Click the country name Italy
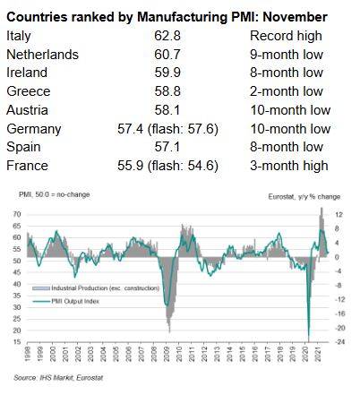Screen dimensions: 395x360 click(20, 36)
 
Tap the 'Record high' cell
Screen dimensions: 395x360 click(284, 36)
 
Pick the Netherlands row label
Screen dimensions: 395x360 click(41, 54)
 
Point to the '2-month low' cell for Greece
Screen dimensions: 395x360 click(285, 90)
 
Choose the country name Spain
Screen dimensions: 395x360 click(24, 146)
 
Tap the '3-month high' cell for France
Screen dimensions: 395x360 click(289, 165)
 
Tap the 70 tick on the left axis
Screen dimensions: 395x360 click(17, 215)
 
